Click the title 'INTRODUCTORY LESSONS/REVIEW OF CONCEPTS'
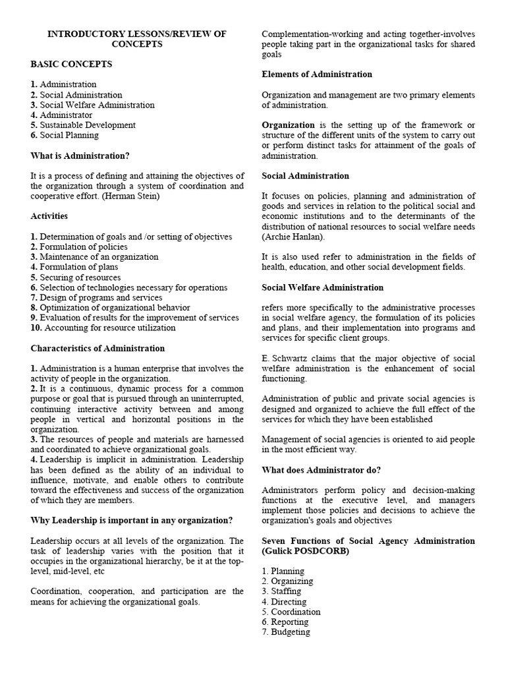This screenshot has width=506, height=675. pos(137,39)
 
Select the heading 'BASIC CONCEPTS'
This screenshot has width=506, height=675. pos(71,64)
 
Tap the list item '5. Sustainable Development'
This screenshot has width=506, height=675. pos(83,125)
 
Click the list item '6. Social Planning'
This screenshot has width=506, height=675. pos(65,135)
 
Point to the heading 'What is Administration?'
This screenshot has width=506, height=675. pos(80,156)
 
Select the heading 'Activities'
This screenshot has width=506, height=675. pos(49,216)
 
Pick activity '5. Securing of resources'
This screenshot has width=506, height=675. pos(75,278)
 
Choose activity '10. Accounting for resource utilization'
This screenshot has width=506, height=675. pos(103,328)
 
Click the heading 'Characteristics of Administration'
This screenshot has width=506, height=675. pos(98,348)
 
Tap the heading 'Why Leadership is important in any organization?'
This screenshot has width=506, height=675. pos(132,520)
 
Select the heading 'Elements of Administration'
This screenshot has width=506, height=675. pos(317,74)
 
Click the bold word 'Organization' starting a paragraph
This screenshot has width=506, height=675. pos(288,125)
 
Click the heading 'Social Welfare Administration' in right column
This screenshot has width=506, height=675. pos(322,287)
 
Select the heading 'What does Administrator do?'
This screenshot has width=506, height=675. pos(321,470)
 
